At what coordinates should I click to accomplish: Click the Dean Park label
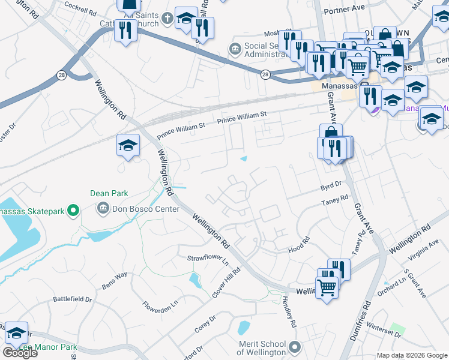109,194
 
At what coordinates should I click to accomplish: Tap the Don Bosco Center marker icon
101,209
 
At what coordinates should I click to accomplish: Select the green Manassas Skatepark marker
73,210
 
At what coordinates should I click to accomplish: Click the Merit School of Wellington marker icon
294,347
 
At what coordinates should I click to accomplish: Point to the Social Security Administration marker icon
234,47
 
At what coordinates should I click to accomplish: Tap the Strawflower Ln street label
208,260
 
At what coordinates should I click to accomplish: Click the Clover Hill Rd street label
226,282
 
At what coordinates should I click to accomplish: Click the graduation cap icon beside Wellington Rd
128,145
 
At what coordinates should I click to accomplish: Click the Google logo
20,353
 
